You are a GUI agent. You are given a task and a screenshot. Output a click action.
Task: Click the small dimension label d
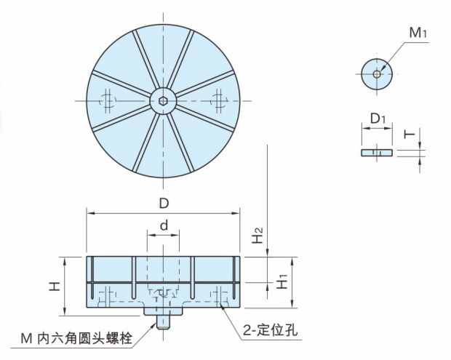[x=164, y=226]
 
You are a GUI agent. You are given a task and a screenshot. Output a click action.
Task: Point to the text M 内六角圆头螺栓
[x=80, y=338]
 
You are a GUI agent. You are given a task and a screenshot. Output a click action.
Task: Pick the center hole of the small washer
[x=376, y=73]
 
